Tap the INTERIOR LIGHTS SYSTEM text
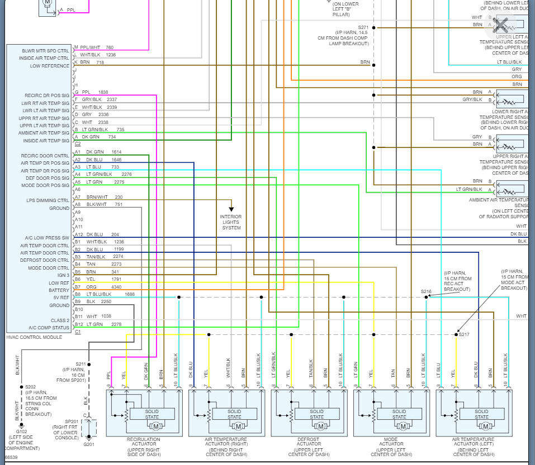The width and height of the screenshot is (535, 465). point(231,222)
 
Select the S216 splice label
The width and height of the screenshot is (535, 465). point(426,291)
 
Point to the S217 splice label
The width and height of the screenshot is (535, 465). point(464,334)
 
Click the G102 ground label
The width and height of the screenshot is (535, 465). point(21,432)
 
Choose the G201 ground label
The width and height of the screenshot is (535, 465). point(88,444)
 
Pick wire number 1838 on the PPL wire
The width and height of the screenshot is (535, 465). point(103,92)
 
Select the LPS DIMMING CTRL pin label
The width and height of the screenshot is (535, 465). point(48,200)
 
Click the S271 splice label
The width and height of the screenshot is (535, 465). point(363,27)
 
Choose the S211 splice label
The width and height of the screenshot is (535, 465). point(81,365)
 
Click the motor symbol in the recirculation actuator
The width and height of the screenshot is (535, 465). point(156,427)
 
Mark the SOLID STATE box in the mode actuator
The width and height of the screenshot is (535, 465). point(399,414)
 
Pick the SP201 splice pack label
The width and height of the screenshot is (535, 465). point(72,421)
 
